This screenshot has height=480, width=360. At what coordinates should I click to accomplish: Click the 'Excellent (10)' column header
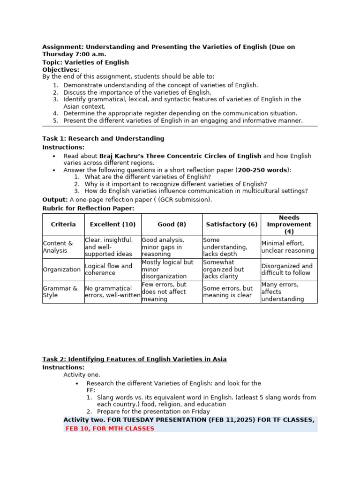(x=112, y=225)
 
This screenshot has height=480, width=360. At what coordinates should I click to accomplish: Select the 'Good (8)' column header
(x=172, y=225)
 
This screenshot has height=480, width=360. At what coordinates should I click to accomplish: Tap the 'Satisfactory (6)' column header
(x=232, y=225)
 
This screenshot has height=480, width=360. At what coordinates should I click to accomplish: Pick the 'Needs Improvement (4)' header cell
(x=289, y=225)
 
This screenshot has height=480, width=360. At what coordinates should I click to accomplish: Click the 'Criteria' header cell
(x=63, y=225)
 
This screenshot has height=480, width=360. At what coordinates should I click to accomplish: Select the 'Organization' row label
(x=62, y=270)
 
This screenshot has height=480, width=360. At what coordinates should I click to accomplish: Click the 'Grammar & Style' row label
(x=60, y=292)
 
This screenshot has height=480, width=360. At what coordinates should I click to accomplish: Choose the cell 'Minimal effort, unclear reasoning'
(x=288, y=247)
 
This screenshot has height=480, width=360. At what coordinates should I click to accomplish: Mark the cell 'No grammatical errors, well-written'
(x=112, y=292)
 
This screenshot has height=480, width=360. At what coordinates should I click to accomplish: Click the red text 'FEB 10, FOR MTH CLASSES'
(x=110, y=428)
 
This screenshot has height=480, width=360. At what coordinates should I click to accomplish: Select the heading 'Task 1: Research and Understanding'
(x=103, y=138)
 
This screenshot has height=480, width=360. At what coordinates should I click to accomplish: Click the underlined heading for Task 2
(x=135, y=359)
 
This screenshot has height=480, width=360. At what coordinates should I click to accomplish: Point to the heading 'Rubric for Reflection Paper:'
(x=88, y=208)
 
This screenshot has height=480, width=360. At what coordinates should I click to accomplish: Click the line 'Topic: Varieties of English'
(x=85, y=62)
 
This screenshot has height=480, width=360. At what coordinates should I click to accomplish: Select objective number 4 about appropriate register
(x=180, y=113)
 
